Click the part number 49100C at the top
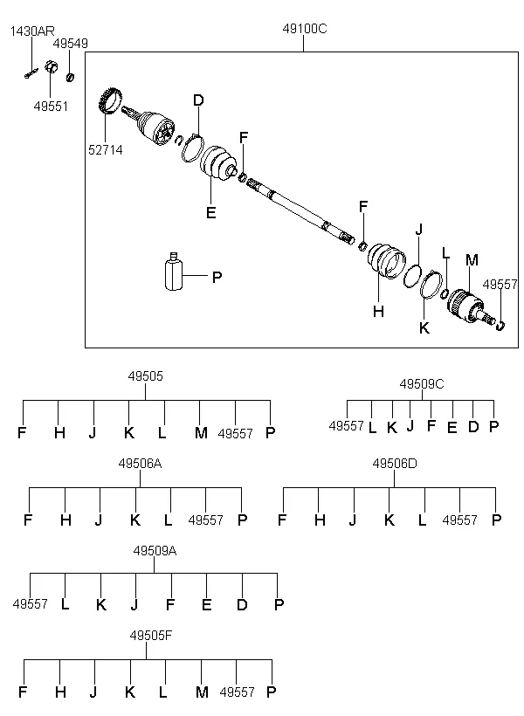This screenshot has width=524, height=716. coord(305,29)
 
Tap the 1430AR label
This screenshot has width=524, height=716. coord(32,31)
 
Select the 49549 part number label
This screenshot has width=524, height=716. coord(71,44)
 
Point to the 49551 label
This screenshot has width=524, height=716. coord(51,107)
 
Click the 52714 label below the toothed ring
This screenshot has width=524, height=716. coord(106,150)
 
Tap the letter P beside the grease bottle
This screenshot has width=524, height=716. coord(217,277)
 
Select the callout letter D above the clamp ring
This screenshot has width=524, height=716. coord(198,100)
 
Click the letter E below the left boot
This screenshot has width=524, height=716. coord(210,213)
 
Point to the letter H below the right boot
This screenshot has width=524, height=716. coord(378,312)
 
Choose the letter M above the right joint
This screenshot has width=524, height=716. coord(472,260)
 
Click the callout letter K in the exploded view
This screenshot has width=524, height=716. coord(424,327)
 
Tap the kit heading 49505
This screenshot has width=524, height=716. coord(145,376)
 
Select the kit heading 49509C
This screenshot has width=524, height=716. coord(422,384)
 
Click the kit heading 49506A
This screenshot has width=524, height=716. coord(140,464)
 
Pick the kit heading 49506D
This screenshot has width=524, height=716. coord(395,464)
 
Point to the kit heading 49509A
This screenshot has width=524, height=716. coord(155,551)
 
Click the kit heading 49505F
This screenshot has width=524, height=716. coord(151,635)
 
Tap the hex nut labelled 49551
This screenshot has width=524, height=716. coord(52,67)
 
